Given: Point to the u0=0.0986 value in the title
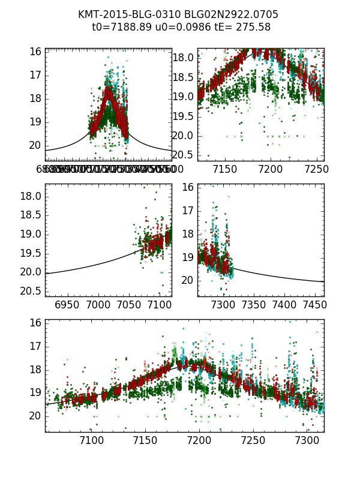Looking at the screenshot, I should click(x=178, y=27).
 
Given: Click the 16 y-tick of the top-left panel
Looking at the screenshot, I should click(x=35, y=52).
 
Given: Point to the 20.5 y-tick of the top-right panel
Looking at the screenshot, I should click(x=184, y=155).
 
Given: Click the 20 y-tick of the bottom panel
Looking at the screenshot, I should click(x=35, y=416).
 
